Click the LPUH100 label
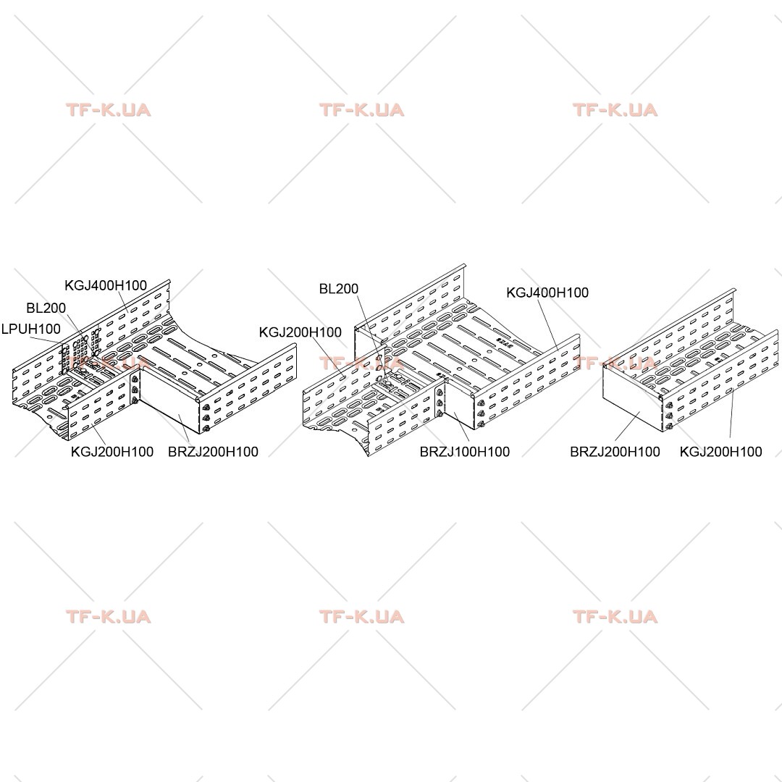[x=31, y=329]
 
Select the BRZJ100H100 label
[x=464, y=452]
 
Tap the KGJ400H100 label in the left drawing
[x=106, y=285]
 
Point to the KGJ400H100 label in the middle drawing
[x=547, y=293]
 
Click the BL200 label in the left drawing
[x=46, y=308]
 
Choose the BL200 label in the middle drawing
[x=339, y=289]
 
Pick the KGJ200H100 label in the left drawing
[x=112, y=452]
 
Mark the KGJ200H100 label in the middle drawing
[x=300, y=332]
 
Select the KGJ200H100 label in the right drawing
[x=720, y=452]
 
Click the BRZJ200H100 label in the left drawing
[x=213, y=452]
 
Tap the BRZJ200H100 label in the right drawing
[x=615, y=452]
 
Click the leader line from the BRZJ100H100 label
[x=463, y=427]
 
